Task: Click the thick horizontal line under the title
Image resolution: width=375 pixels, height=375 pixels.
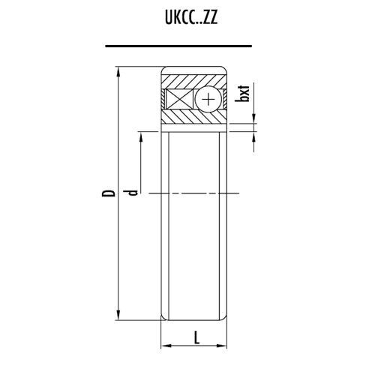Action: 188,46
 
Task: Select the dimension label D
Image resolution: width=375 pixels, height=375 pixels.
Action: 109,193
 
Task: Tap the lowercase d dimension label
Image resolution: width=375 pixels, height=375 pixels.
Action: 132,193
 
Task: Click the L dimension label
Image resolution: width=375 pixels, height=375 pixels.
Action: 196,337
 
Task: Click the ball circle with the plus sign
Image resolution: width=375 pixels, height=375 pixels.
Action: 208,100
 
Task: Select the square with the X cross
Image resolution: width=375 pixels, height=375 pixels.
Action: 181,100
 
